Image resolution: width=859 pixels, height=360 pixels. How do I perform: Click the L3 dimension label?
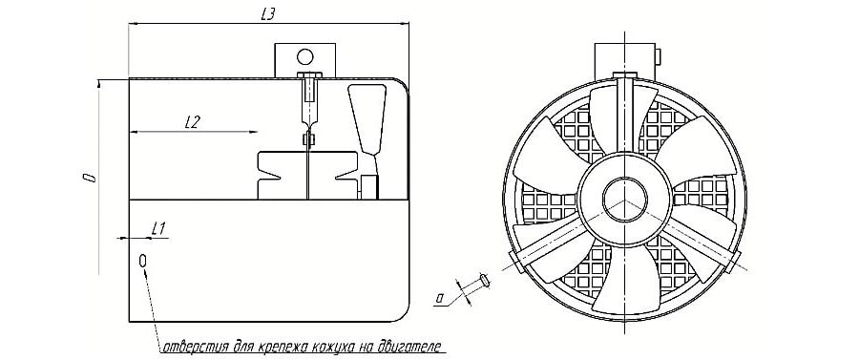267,15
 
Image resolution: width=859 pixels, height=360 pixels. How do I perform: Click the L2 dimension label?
191,123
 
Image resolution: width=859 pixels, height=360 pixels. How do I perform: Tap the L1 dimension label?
158,228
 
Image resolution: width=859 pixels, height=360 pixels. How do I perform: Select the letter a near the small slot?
439,298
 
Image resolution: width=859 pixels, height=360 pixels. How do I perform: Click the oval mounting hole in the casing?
143,261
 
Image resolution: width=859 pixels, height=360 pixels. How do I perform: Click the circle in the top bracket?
304,56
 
